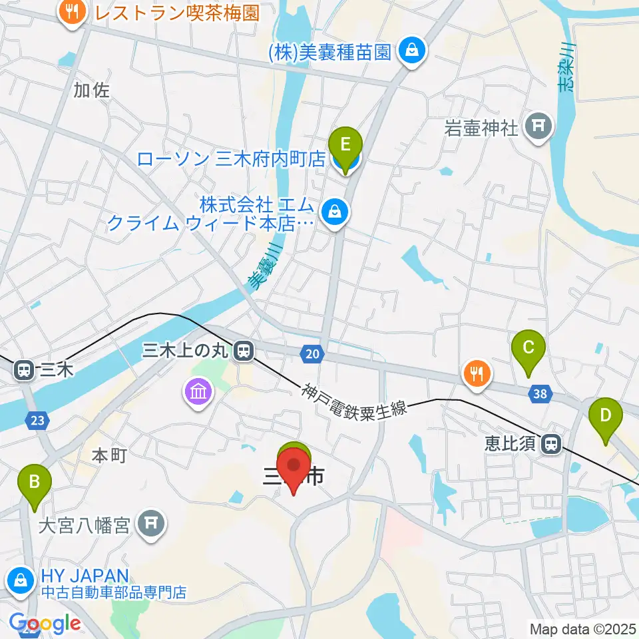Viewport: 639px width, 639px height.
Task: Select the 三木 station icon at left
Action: coord(24,369)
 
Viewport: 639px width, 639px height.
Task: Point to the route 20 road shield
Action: coord(314,354)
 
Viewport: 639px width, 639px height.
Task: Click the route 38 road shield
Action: coord(541,394)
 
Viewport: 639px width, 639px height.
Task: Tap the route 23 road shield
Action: coord(38,420)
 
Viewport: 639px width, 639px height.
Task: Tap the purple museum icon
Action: coord(198,392)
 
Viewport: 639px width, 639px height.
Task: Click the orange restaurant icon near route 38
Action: coord(477,374)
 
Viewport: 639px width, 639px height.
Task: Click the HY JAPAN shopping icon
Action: coord(20,580)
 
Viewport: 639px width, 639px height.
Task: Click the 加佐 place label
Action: coord(91,90)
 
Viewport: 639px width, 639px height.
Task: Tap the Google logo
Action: coord(44,624)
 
